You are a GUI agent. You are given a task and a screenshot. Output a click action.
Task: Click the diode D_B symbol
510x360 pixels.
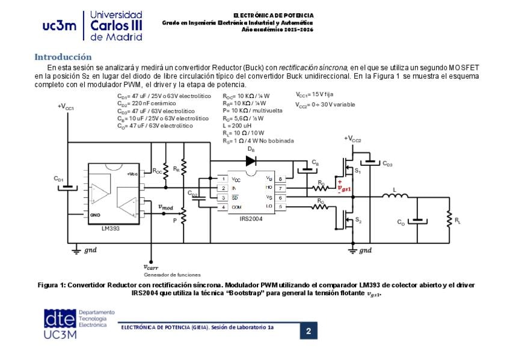pos(251,160)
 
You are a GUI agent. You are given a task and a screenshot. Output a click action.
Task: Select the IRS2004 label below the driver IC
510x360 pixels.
pos(251,219)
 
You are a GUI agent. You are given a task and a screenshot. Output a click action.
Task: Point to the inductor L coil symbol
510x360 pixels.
pos(396,197)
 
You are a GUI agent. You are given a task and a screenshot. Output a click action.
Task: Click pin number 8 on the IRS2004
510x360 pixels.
pos(280,179)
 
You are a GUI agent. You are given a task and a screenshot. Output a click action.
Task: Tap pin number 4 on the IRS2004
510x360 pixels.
pos(223,207)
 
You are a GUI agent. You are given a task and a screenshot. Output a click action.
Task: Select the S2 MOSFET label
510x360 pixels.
pos(358,221)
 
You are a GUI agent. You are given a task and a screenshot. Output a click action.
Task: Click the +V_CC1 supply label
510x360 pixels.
pos(66,106)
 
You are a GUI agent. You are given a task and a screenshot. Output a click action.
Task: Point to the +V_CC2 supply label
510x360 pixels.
pos(352,139)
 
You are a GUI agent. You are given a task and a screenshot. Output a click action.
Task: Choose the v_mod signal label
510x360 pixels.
pos(165,207)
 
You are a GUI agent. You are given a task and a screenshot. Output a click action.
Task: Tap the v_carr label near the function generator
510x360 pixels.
pos(150,267)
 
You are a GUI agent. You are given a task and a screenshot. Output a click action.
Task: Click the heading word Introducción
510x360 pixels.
pos(63,56)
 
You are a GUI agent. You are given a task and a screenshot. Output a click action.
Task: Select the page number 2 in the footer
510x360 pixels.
pos(309,331)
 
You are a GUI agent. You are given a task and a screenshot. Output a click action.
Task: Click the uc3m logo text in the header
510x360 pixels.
pos(59,26)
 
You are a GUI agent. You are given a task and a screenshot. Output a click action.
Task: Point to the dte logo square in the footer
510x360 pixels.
pos(60,319)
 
